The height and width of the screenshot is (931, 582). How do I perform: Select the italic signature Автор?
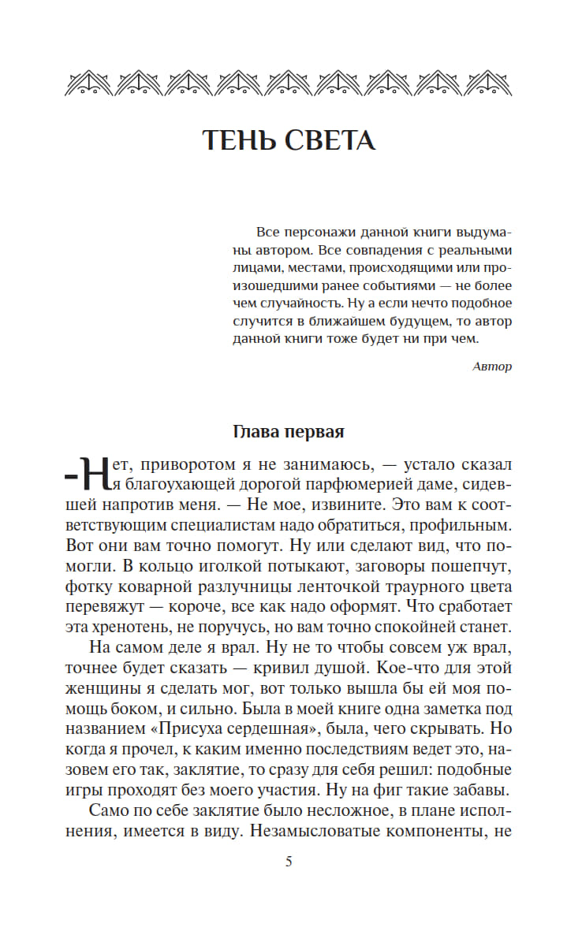click(x=492, y=366)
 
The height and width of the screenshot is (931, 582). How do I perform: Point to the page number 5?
click(x=289, y=862)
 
